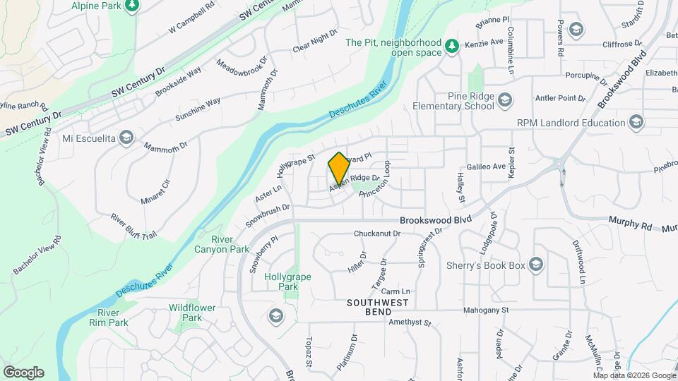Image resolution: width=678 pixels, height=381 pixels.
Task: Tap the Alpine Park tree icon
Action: point(131,6)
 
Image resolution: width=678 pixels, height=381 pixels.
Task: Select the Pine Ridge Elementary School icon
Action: point(504,101)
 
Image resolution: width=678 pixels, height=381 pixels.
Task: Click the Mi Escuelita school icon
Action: point(126,137)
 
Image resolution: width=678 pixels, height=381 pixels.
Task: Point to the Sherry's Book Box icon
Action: point(536,265)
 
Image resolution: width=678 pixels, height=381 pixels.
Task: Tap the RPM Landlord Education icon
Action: point(638,122)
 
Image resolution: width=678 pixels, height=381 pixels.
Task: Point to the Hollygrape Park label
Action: point(287,282)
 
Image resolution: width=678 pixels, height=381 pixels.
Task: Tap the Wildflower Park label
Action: point(186,313)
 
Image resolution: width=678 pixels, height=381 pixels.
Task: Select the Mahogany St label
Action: point(506,310)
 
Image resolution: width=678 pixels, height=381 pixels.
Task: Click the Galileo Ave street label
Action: point(486,167)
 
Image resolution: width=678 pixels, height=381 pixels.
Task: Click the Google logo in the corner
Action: point(23,372)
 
